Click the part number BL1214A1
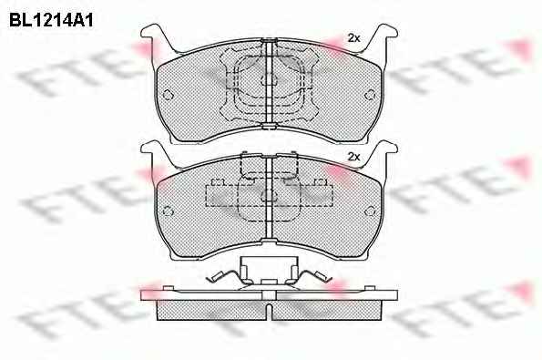[x=51, y=20]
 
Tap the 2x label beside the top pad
[x=353, y=38]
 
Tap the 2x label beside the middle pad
[x=353, y=157]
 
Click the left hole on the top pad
[x=168, y=95]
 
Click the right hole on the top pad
[x=370, y=95]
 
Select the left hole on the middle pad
[x=168, y=211]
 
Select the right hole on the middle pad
[x=370, y=211]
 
